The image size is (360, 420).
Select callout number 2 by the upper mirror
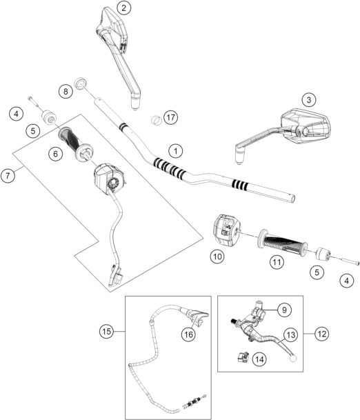pos(123,8)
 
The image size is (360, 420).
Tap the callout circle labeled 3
pos(310,100)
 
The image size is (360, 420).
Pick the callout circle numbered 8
pos(65,91)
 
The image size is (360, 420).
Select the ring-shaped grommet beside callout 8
pos(82,83)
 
